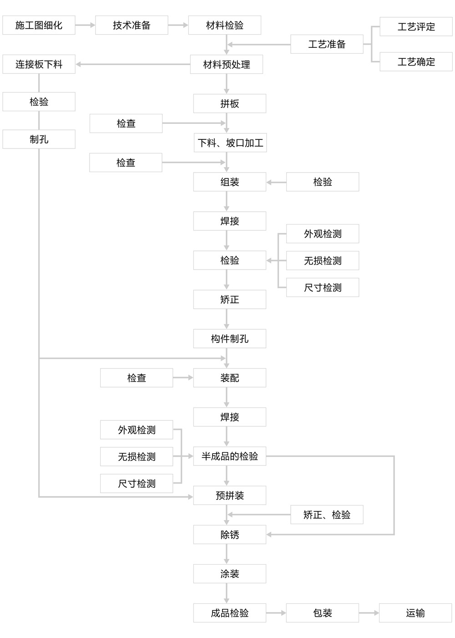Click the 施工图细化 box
pos(39,25)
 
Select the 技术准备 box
pos(131,25)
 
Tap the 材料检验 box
pos(224,25)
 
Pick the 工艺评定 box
pos(416,26)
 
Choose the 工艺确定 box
pos(416,61)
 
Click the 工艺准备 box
pos(327,44)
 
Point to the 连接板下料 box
pos(39,64)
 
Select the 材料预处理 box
pos(227,64)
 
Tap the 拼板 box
pos(230,103)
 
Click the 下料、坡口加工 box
pos(230,143)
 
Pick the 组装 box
pos(230,182)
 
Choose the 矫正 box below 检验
pos(230,299)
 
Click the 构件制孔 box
pos(230,339)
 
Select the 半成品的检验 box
pos(230,456)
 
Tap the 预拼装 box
pos(230,495)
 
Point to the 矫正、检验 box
pos(327,515)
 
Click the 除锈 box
pos(230,535)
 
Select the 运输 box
pos(415,613)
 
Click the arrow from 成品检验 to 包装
pos(276,613)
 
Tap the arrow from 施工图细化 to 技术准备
pos(85,25)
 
